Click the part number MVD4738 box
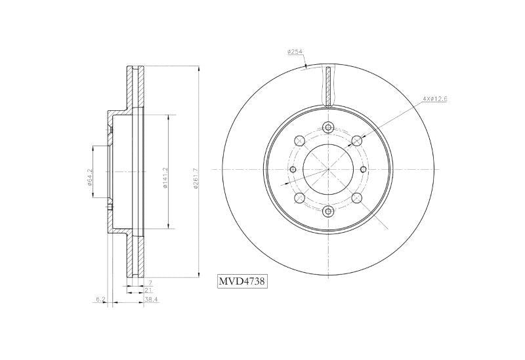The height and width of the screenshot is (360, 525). (242, 281)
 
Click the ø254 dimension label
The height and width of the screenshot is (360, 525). (295, 52)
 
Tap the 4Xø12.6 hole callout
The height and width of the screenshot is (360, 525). (435, 99)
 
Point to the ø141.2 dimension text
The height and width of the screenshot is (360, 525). (165, 178)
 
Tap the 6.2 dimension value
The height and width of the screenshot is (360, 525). (100, 300)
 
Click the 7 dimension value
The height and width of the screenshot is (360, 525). (150, 283)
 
